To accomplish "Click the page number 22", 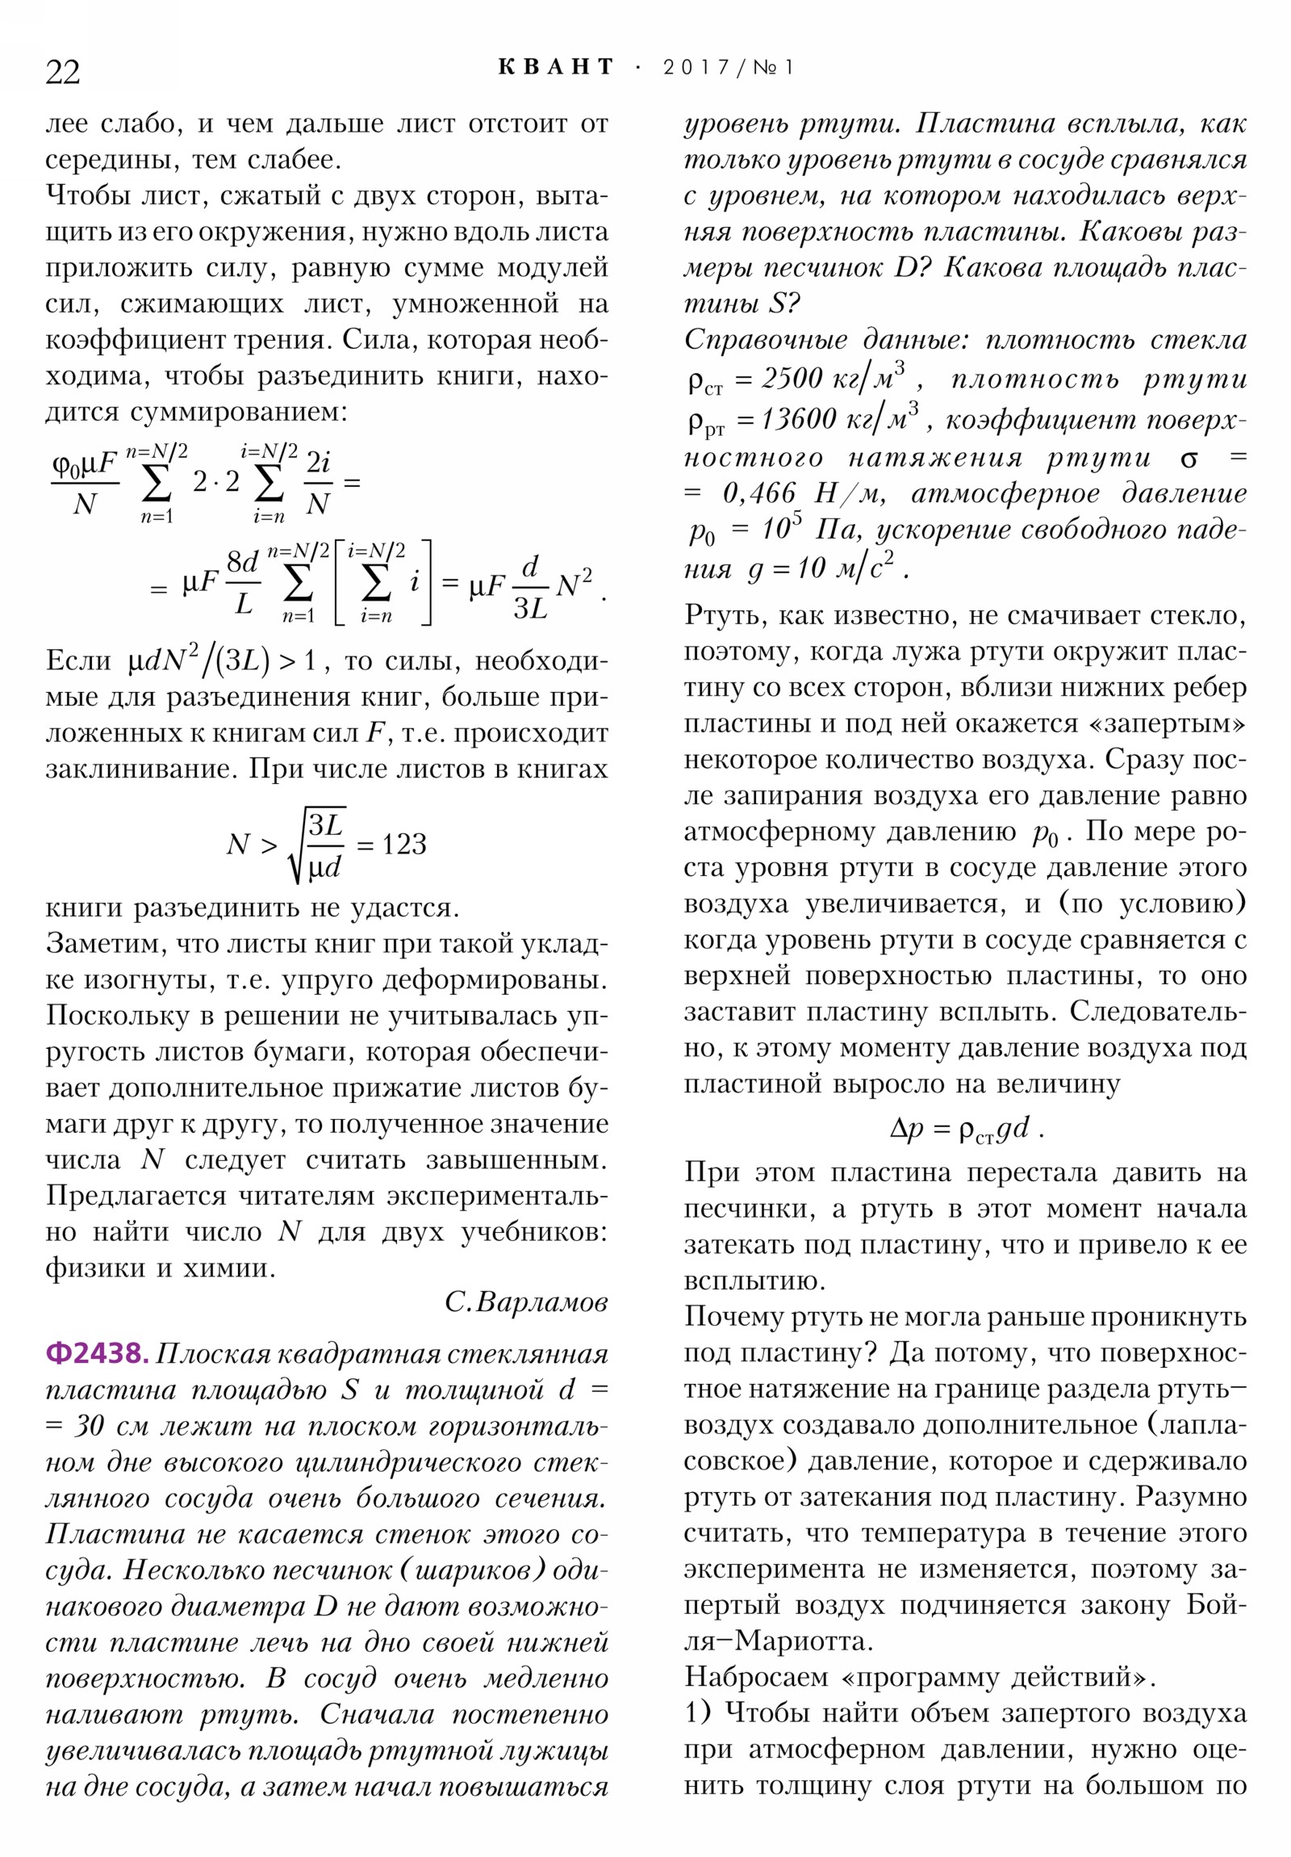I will coord(62,72).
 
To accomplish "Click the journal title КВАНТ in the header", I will coord(556,67).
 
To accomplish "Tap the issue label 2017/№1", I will coord(729,68).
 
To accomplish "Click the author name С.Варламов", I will coord(525,1302).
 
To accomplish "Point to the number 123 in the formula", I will coord(403,845).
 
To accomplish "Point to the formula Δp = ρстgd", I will coord(966,1128).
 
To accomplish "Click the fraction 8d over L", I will coord(243,582).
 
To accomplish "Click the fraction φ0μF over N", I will coord(85,483).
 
